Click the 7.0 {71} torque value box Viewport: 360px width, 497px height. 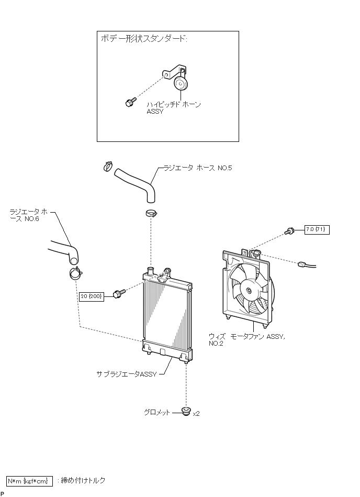tap(317, 229)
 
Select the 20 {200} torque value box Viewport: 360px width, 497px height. tap(92, 296)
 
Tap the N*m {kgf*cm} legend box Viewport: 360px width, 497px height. tap(29, 481)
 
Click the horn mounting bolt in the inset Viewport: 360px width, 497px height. tap(130, 102)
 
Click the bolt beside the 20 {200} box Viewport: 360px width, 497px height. tap(119, 294)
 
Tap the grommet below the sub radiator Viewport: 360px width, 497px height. tap(186, 411)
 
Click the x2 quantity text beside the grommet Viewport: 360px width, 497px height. tap(196, 414)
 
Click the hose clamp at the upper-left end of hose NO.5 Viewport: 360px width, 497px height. tap(108, 166)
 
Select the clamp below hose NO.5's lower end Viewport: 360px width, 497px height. tap(151, 213)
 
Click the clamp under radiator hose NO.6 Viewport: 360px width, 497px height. tap(75, 273)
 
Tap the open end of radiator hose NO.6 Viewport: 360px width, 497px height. tap(74, 260)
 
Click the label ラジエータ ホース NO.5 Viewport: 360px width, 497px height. tap(198, 168)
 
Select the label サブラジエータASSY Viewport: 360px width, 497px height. tap(126, 374)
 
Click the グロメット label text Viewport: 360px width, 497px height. tap(157, 412)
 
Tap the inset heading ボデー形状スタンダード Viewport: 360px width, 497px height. tap(144, 39)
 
